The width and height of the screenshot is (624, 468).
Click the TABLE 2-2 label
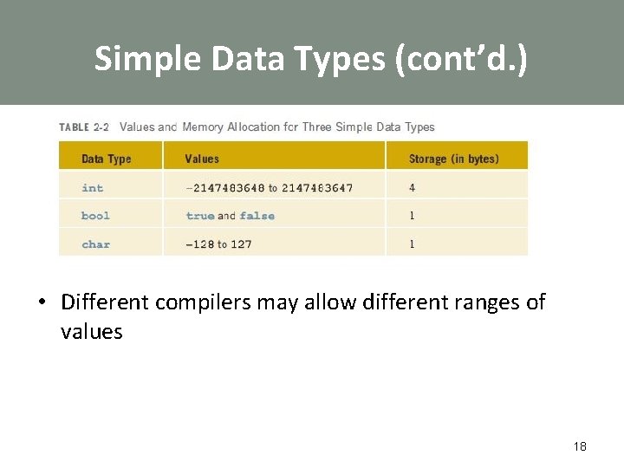84,127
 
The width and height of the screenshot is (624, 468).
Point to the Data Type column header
106,159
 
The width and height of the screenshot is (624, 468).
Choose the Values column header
202,159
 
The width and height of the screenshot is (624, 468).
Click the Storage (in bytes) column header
454,159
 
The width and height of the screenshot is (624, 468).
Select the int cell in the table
92,187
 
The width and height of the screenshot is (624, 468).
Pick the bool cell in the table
95,216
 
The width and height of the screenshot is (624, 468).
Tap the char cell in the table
95,244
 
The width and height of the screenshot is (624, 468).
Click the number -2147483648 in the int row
224,187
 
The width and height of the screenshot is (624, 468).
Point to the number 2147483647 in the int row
316,187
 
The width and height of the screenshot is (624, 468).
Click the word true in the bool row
200,216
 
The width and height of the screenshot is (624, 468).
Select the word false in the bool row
257,216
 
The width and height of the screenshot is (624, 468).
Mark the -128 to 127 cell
218,244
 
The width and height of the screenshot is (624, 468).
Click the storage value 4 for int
412,187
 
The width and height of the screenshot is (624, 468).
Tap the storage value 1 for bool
412,216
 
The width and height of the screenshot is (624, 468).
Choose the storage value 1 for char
412,244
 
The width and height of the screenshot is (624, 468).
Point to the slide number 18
580,446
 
